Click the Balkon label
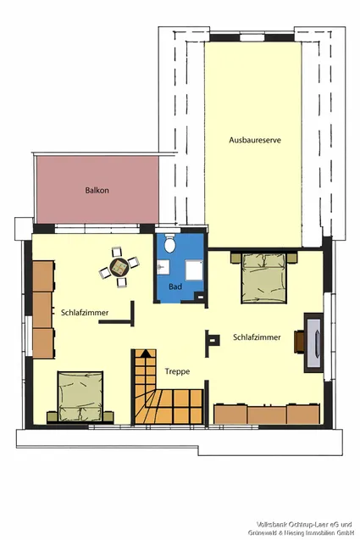pyautogui.click(x=97, y=190)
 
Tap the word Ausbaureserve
pyautogui.click(x=255, y=140)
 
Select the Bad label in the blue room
pyautogui.click(x=175, y=287)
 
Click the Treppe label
pyautogui.click(x=177, y=371)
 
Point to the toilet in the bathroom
pyautogui.click(x=169, y=242)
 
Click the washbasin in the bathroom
pyautogui.click(x=163, y=267)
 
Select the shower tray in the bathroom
pyautogui.click(x=195, y=270)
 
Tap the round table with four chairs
pyautogui.click(x=119, y=267)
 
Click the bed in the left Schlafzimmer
pyautogui.click(x=80, y=397)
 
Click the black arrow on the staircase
pyautogui.click(x=145, y=353)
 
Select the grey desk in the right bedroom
pyautogui.click(x=314, y=342)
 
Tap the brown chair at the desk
pyautogui.click(x=299, y=342)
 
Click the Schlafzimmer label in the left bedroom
pyautogui.click(x=85, y=313)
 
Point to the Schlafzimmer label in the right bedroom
pyautogui.click(x=257, y=337)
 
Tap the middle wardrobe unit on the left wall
pyautogui.click(x=42, y=309)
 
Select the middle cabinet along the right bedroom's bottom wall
pyautogui.click(x=267, y=415)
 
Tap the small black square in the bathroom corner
pyautogui.click(x=200, y=296)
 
